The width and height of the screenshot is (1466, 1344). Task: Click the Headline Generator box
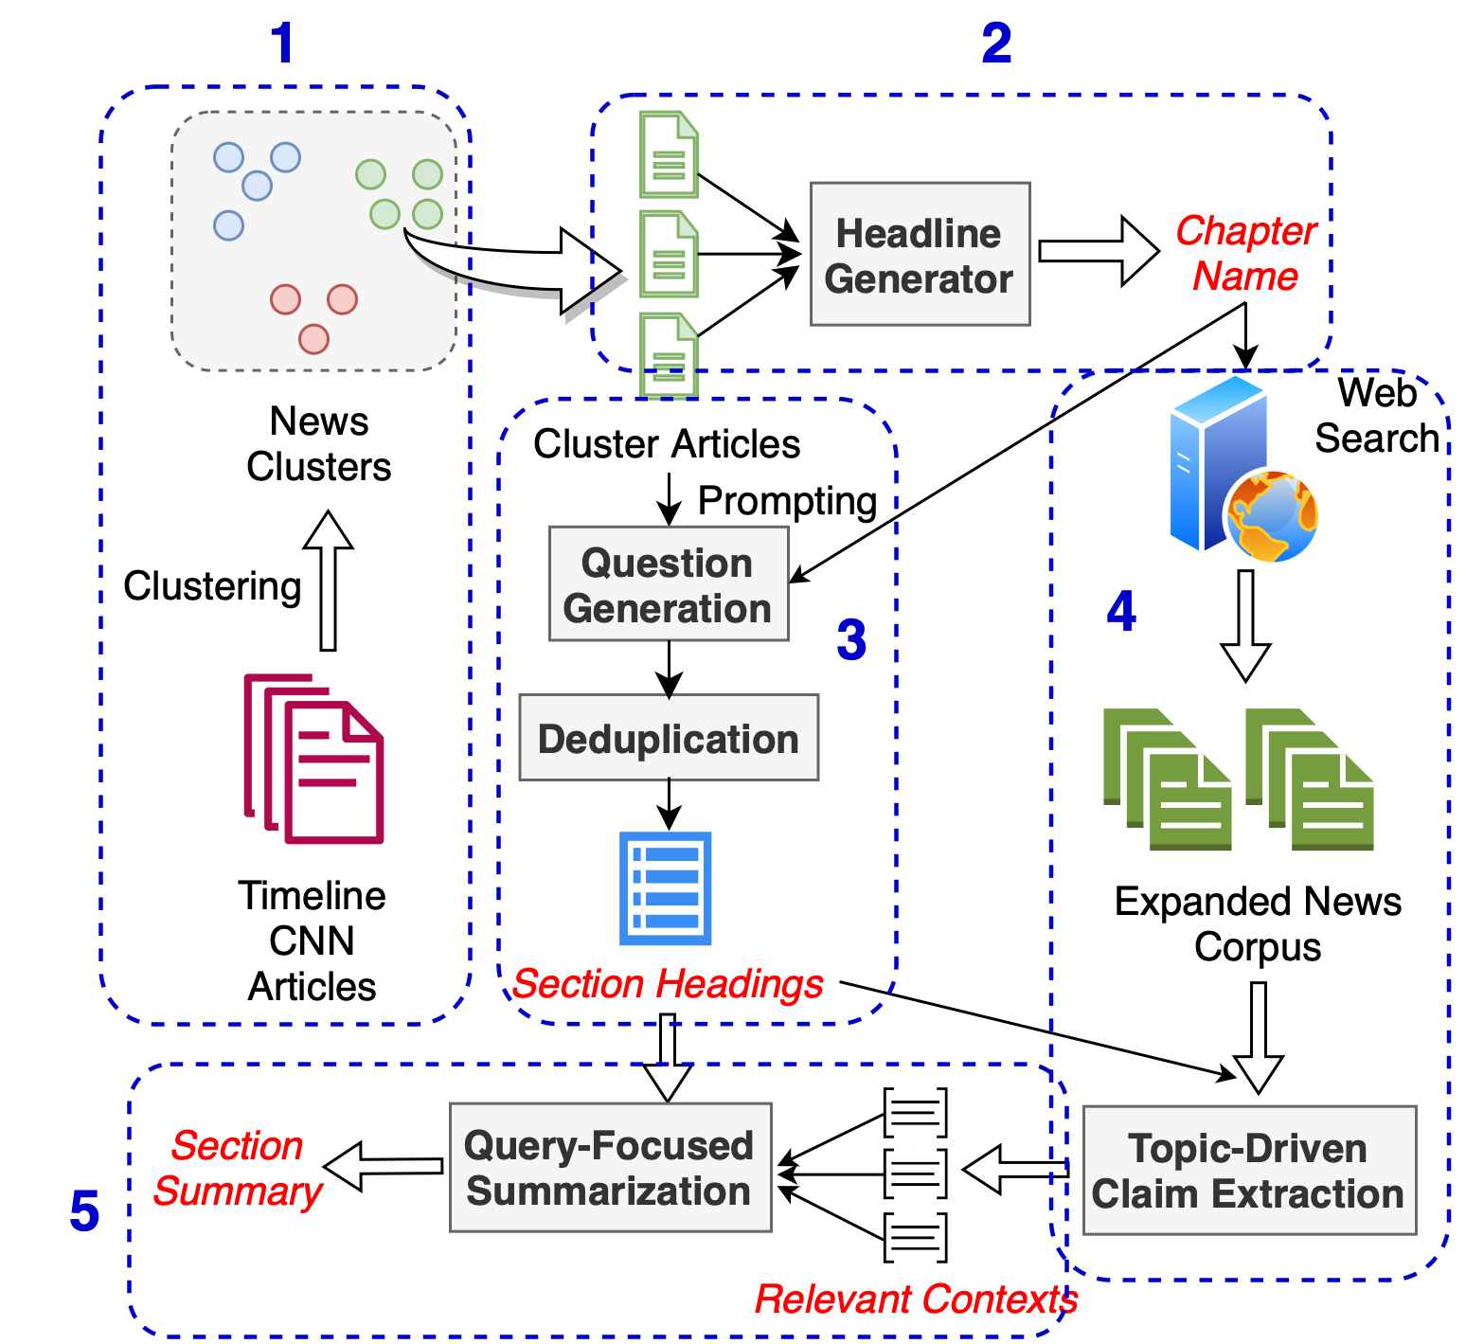(x=920, y=255)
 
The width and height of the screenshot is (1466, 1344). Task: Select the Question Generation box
(x=669, y=584)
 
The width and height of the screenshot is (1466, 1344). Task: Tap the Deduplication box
(x=669, y=738)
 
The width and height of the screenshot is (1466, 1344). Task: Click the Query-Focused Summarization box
(x=610, y=1167)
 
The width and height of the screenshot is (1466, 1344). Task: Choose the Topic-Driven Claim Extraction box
(x=1248, y=1171)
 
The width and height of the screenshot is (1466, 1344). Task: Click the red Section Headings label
(x=668, y=984)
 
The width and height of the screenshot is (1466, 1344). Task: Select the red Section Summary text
(x=238, y=1168)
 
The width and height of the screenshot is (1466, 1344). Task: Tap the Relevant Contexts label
(x=915, y=1299)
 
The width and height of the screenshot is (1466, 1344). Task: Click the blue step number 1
(x=282, y=44)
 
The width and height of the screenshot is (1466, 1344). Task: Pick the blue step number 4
(x=1121, y=611)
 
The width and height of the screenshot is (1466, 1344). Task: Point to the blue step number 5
(x=84, y=1211)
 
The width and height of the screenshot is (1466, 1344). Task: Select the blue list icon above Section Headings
(x=665, y=887)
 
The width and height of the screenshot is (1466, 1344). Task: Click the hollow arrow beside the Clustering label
(x=328, y=581)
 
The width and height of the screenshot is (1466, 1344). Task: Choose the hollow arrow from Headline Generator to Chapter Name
(x=1099, y=251)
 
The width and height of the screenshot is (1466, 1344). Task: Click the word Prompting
(x=787, y=501)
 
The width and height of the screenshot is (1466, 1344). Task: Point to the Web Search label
(x=1377, y=416)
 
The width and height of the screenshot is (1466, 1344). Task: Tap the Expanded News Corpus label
(x=1257, y=923)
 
